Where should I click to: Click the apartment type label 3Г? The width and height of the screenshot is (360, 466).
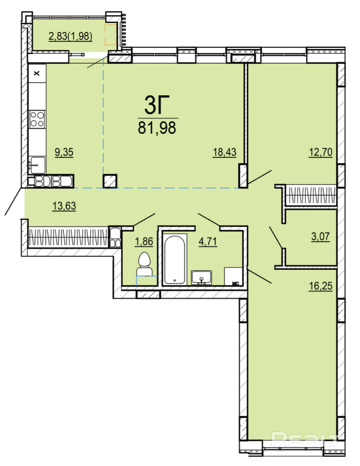click(x=157, y=105)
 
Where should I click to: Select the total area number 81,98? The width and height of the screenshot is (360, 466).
click(x=157, y=127)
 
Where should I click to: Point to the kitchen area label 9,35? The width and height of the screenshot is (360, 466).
click(x=64, y=152)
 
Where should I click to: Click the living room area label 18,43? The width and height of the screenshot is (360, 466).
click(x=224, y=152)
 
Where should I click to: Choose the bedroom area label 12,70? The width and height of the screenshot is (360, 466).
click(x=320, y=152)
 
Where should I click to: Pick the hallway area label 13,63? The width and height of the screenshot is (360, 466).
click(x=64, y=206)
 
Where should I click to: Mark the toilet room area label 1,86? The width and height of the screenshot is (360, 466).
click(x=144, y=241)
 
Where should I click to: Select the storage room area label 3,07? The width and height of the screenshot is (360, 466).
click(x=320, y=237)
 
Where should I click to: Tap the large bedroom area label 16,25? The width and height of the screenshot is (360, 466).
click(x=320, y=286)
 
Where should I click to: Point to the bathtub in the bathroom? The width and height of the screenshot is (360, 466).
click(x=175, y=259)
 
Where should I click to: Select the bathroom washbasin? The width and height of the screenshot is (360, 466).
click(x=201, y=277)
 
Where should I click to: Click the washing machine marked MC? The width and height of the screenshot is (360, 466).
click(x=233, y=276)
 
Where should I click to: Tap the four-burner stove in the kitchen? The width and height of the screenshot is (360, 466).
click(x=38, y=119)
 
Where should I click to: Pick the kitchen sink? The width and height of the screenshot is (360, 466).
click(x=37, y=165)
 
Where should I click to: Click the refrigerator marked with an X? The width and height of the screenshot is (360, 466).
click(x=37, y=73)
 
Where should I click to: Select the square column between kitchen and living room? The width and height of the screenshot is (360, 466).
click(x=110, y=181)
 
